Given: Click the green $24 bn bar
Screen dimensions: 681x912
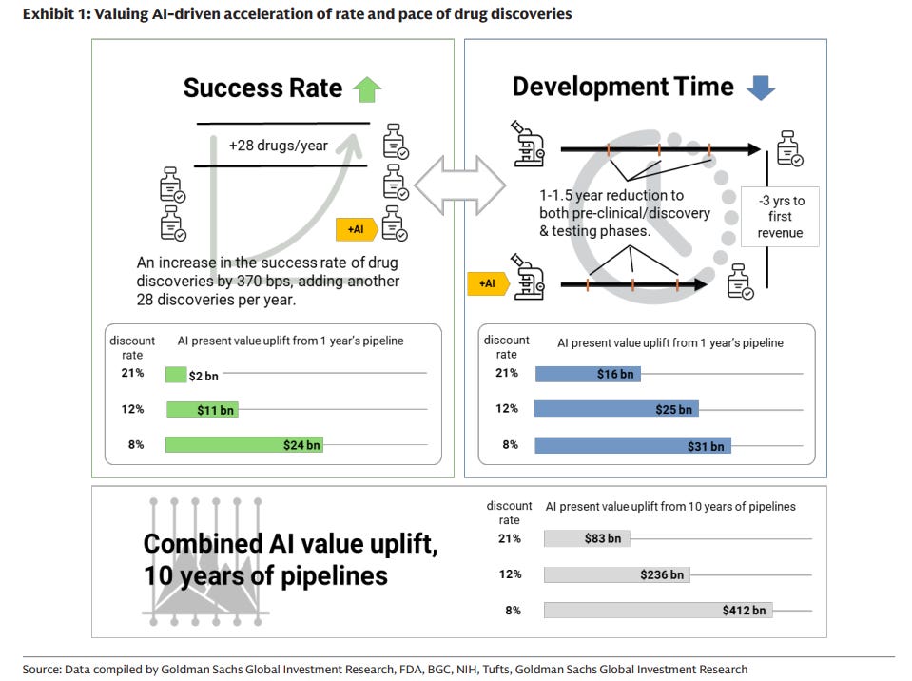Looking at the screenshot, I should pos(243,444).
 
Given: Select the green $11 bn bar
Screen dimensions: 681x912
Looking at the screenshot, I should pos(202,409).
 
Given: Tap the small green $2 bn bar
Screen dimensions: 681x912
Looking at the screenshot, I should pos(176,375).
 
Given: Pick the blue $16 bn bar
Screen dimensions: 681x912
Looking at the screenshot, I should pos(588,374).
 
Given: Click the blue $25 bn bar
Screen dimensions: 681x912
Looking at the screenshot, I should pos(616,409).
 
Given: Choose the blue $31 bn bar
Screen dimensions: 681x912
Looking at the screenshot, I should pos(632,445).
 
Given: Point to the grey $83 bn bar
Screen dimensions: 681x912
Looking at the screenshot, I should pos(586,538).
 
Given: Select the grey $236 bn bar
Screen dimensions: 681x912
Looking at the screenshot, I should pos(616,574).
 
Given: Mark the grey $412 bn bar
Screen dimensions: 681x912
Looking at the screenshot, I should pos(658,610).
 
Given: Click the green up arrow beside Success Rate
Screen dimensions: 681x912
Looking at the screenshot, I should pos(366,89).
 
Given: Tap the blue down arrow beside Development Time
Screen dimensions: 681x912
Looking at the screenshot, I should pos(761,88).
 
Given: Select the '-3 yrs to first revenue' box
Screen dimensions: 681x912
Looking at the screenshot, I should pos(780,217).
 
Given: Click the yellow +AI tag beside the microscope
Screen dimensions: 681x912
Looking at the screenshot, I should pos(486,282).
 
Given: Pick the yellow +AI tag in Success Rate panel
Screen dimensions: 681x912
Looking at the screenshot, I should pos(356,229).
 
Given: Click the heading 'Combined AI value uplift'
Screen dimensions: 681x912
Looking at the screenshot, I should pos(290,543).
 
